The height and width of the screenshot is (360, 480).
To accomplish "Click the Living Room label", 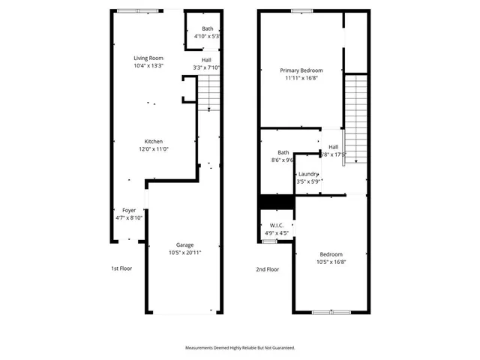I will coord(148,58).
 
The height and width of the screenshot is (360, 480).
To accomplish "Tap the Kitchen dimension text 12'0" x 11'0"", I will coord(154,149).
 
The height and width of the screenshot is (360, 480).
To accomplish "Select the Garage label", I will coord(184,244).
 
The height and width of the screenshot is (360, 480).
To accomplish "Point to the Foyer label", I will coord(129,210).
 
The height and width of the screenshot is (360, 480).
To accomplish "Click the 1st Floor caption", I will coord(121,268).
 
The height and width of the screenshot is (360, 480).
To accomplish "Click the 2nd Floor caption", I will coord(267,268).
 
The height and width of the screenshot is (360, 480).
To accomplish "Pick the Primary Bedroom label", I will coord(301,70).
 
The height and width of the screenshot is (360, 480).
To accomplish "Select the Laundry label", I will coord(308,174).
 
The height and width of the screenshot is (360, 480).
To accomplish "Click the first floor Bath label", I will coord(207,28).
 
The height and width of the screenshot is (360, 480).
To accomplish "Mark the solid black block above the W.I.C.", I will coord(275,202).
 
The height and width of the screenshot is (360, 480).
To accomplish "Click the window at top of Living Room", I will coord(138,10).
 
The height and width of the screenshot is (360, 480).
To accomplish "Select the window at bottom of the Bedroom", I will coord(331,312).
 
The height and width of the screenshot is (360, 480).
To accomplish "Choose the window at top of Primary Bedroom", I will coord(301,10).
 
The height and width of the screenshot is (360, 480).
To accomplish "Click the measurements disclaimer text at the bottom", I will coord(240,348).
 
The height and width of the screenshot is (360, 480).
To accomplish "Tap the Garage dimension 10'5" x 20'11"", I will coord(184,253).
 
